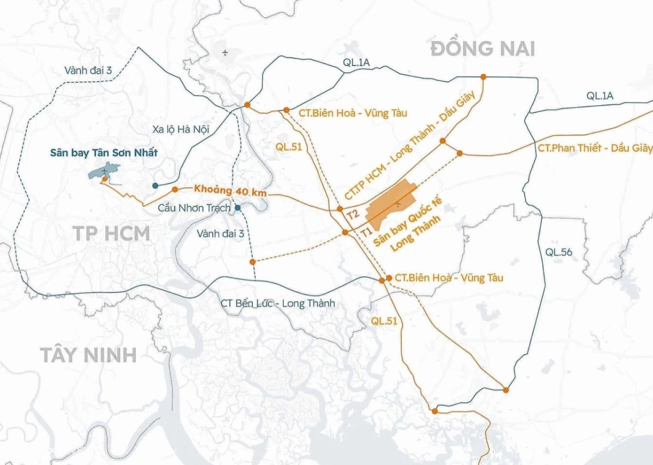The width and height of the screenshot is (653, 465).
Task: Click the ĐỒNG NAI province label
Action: pyautogui.click(x=482, y=48)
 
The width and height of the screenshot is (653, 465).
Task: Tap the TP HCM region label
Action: pyautogui.click(x=111, y=233)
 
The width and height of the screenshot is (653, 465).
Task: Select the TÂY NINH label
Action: pyautogui.click(x=88, y=355)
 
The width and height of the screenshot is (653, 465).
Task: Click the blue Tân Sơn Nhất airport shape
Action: pyautogui.click(x=105, y=171)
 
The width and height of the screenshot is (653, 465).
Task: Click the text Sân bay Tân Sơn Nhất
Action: pyautogui.click(x=103, y=153)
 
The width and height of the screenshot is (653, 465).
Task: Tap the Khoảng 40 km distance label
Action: pyautogui.click(x=230, y=190)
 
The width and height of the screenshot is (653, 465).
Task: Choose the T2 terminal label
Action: pyautogui.click(x=353, y=214)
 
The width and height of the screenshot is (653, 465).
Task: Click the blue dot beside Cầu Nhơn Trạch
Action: pyautogui.click(x=238, y=208)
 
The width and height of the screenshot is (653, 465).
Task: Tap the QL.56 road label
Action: pyautogui.click(x=559, y=252)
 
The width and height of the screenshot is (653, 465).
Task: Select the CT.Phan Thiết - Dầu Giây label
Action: pyautogui.click(x=595, y=148)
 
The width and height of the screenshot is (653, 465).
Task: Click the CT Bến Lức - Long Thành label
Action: pyautogui.click(x=278, y=303)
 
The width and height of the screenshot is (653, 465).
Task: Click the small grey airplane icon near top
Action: pyautogui.click(x=225, y=52)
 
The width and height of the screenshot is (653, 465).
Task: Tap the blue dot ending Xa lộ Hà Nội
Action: pyautogui.click(x=155, y=185)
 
